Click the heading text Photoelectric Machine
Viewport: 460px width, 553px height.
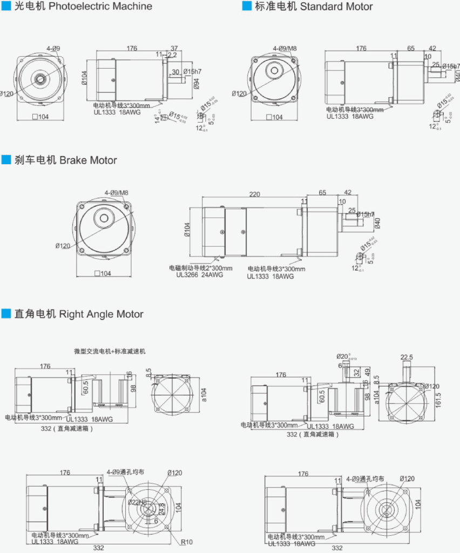point(100,6)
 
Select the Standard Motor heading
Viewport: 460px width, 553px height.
point(336,6)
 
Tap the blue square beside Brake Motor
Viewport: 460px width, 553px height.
point(6,160)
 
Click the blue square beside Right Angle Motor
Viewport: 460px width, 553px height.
point(6,314)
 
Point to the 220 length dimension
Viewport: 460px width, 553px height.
point(255,194)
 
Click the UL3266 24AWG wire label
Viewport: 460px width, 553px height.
point(199,275)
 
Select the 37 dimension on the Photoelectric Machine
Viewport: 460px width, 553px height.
point(174,48)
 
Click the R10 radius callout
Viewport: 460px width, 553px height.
point(186,542)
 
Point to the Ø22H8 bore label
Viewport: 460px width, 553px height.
point(137,502)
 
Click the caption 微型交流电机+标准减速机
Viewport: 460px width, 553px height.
point(110,351)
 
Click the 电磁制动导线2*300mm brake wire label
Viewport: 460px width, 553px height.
point(200,268)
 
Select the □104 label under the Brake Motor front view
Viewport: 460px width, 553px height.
point(103,273)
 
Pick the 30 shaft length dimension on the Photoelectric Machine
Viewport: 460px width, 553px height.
point(175,72)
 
